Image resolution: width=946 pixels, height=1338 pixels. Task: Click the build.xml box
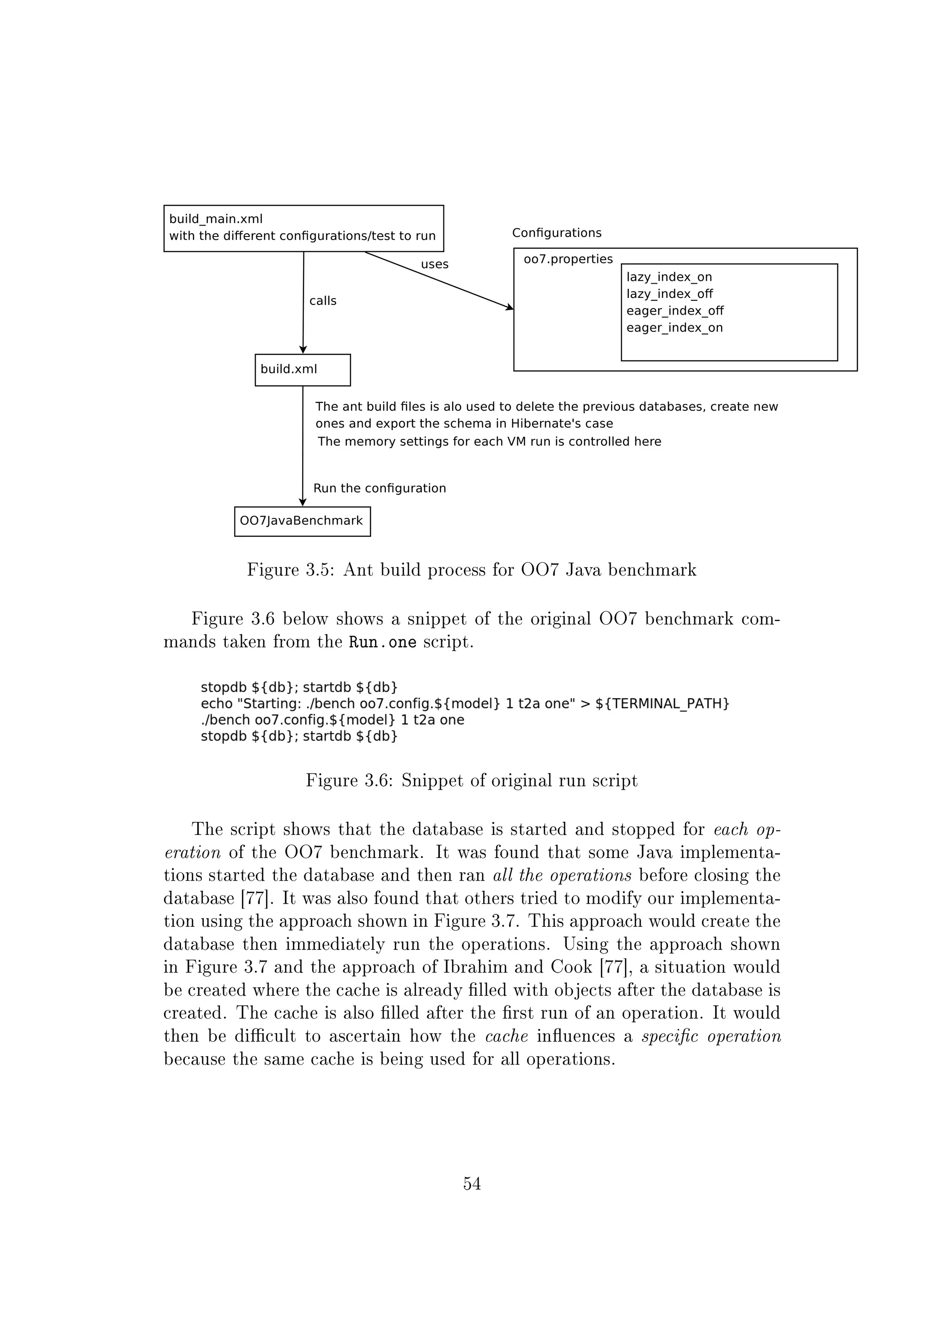[303, 370]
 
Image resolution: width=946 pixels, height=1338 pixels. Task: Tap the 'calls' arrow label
[323, 301]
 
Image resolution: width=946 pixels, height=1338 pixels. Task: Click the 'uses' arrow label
[435, 265]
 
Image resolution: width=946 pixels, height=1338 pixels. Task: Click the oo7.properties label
[568, 259]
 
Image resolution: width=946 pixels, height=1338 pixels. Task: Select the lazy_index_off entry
[669, 294]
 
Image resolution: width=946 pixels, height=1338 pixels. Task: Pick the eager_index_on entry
[674, 328]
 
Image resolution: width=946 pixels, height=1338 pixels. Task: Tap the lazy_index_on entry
[669, 277]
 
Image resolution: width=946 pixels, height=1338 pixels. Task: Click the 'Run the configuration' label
[379, 488]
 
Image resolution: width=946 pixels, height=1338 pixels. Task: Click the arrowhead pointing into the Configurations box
[509, 307]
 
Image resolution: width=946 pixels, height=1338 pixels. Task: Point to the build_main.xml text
[216, 219]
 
